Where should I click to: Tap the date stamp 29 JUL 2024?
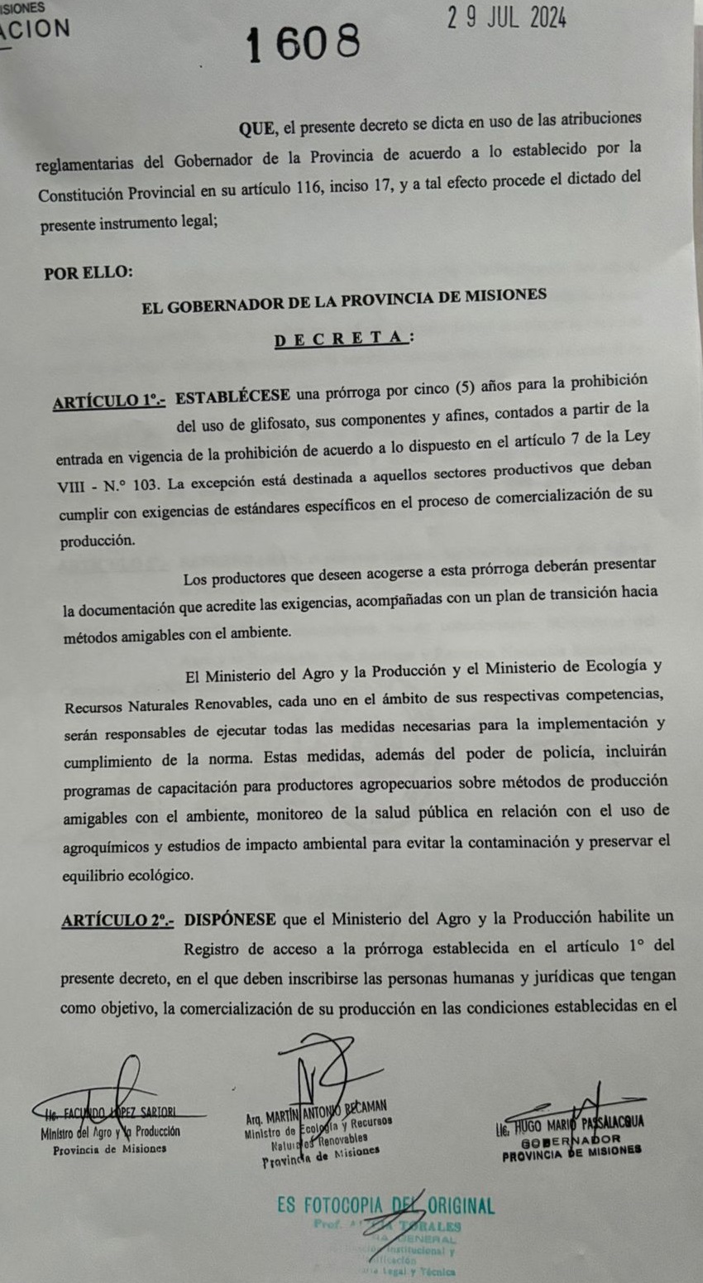pos(507,18)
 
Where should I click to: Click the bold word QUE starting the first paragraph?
pos(259,128)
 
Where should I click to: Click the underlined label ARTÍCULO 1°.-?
pos(109,401)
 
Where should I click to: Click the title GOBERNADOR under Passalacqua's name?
pos(571,1139)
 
